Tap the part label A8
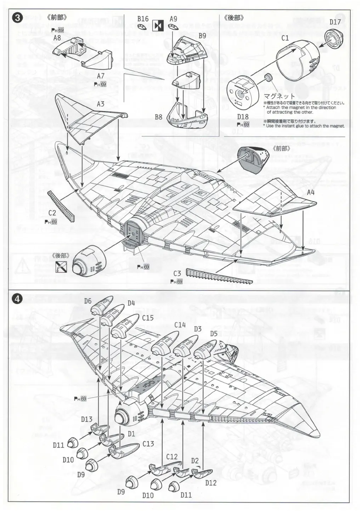tap(57, 38)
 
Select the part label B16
tap(143, 19)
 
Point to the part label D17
tap(335, 22)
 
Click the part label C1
tap(285, 38)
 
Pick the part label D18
tap(243, 117)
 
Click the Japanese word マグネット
tap(279, 96)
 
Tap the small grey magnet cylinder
tap(268, 78)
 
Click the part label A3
tap(101, 104)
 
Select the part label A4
tap(310, 192)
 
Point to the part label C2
tap(52, 213)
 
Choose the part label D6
tap(88, 301)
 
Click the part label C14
tap(180, 324)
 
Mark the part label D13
tap(86, 419)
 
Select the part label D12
tap(210, 482)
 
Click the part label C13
tap(148, 443)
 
